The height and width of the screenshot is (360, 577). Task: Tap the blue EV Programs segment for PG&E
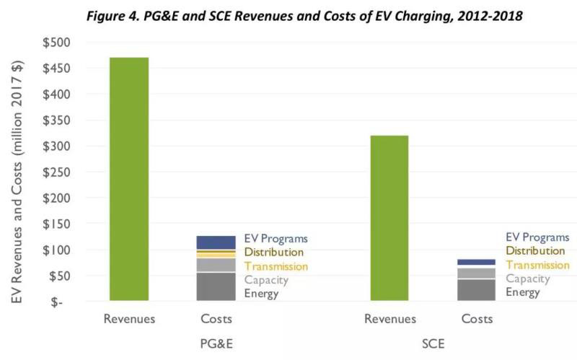216,242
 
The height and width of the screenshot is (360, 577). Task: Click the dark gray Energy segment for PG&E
216,286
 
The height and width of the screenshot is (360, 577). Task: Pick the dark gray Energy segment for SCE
476,289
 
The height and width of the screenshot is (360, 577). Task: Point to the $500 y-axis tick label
56,43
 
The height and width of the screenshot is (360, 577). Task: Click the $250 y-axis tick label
56,172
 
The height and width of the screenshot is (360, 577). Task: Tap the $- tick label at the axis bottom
62,302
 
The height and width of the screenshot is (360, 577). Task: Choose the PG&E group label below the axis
216,343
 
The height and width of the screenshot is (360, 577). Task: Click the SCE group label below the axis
433,343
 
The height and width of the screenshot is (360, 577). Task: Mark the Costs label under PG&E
216,318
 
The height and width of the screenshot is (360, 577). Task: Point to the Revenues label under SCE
390,318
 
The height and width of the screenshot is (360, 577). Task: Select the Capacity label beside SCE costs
527,278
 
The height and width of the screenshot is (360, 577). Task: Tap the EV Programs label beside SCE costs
537,237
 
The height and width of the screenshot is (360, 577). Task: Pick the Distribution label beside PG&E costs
274,253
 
